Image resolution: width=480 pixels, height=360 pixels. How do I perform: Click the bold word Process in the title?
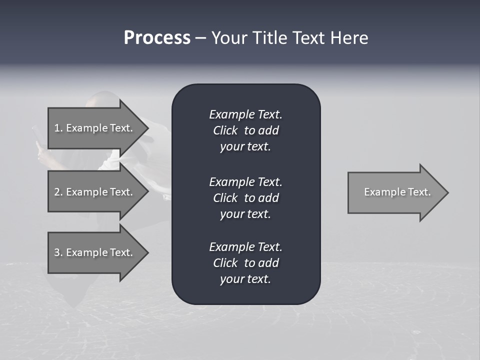click(x=157, y=38)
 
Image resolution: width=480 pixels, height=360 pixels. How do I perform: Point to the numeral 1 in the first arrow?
click(x=57, y=128)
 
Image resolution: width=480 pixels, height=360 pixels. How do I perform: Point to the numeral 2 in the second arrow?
click(x=57, y=192)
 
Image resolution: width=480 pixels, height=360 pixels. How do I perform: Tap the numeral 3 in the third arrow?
click(x=57, y=252)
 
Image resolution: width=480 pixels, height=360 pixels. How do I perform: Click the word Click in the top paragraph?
click(x=225, y=130)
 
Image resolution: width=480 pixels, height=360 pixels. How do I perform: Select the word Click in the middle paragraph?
click(x=225, y=198)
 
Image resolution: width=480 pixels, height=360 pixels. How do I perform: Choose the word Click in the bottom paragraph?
click(x=225, y=263)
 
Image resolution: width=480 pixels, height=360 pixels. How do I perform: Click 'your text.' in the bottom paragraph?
click(x=245, y=279)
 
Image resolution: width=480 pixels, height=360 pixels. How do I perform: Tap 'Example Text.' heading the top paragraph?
click(x=245, y=114)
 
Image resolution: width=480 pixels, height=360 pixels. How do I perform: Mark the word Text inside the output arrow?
click(x=419, y=192)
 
